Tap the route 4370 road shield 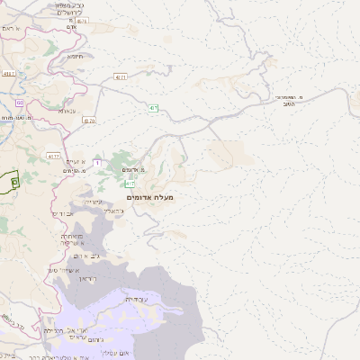88,120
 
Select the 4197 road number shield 10,73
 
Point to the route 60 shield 19,103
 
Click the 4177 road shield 54,131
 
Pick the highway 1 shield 96,163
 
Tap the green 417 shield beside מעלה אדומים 130,184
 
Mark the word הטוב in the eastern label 313,103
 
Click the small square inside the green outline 13,181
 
